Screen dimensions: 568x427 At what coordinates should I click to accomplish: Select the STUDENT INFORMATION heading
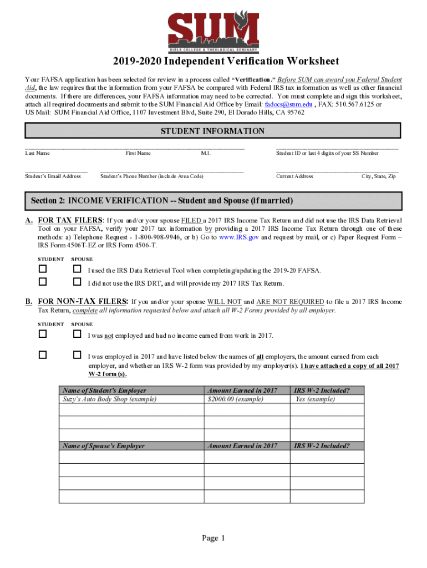click(x=212, y=131)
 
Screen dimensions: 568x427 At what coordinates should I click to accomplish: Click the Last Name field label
click(x=37, y=153)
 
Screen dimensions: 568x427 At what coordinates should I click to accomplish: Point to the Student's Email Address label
click(x=53, y=176)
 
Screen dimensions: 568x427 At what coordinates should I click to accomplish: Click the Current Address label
click(x=294, y=176)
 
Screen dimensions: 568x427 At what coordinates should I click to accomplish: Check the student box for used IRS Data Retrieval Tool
click(x=43, y=269)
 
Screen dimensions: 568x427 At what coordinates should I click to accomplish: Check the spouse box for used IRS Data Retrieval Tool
click(x=78, y=269)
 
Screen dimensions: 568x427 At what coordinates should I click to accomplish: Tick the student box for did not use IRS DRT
click(x=43, y=282)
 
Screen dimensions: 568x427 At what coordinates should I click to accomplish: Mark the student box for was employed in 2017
click(x=43, y=354)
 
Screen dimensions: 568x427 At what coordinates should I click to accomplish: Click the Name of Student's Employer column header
click(x=105, y=390)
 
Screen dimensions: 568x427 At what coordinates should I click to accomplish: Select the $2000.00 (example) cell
click(x=235, y=399)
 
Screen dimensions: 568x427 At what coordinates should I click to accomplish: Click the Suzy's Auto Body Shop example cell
click(x=110, y=399)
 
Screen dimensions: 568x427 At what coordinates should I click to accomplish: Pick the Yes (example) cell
click(x=315, y=399)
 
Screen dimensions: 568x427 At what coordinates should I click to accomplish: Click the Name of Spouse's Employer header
click(x=104, y=445)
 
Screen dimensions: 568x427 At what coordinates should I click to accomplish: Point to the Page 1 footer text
click(x=213, y=538)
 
